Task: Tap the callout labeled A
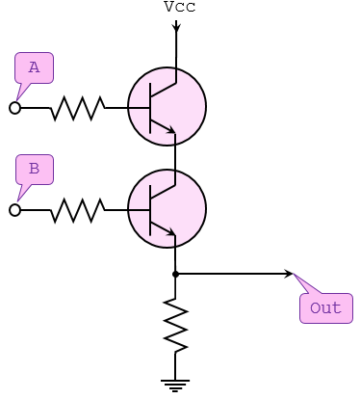coord(35,67)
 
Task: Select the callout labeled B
coord(35,170)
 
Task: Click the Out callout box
coord(325,308)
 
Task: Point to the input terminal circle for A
coord(14,108)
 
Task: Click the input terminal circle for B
coord(14,210)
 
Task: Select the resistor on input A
coord(77,108)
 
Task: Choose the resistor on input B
coord(77,210)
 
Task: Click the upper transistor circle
coord(167,106)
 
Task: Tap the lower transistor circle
coord(167,208)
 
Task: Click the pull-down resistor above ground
coord(175,326)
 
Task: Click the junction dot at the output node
coord(175,275)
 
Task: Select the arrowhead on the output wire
coord(288,275)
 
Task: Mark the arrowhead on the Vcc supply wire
coord(176,27)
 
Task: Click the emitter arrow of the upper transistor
coord(169,129)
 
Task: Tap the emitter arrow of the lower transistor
coord(169,231)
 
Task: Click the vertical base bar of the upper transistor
coord(151,107)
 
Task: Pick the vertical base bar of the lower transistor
coord(151,209)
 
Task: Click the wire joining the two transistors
coord(175,156)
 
